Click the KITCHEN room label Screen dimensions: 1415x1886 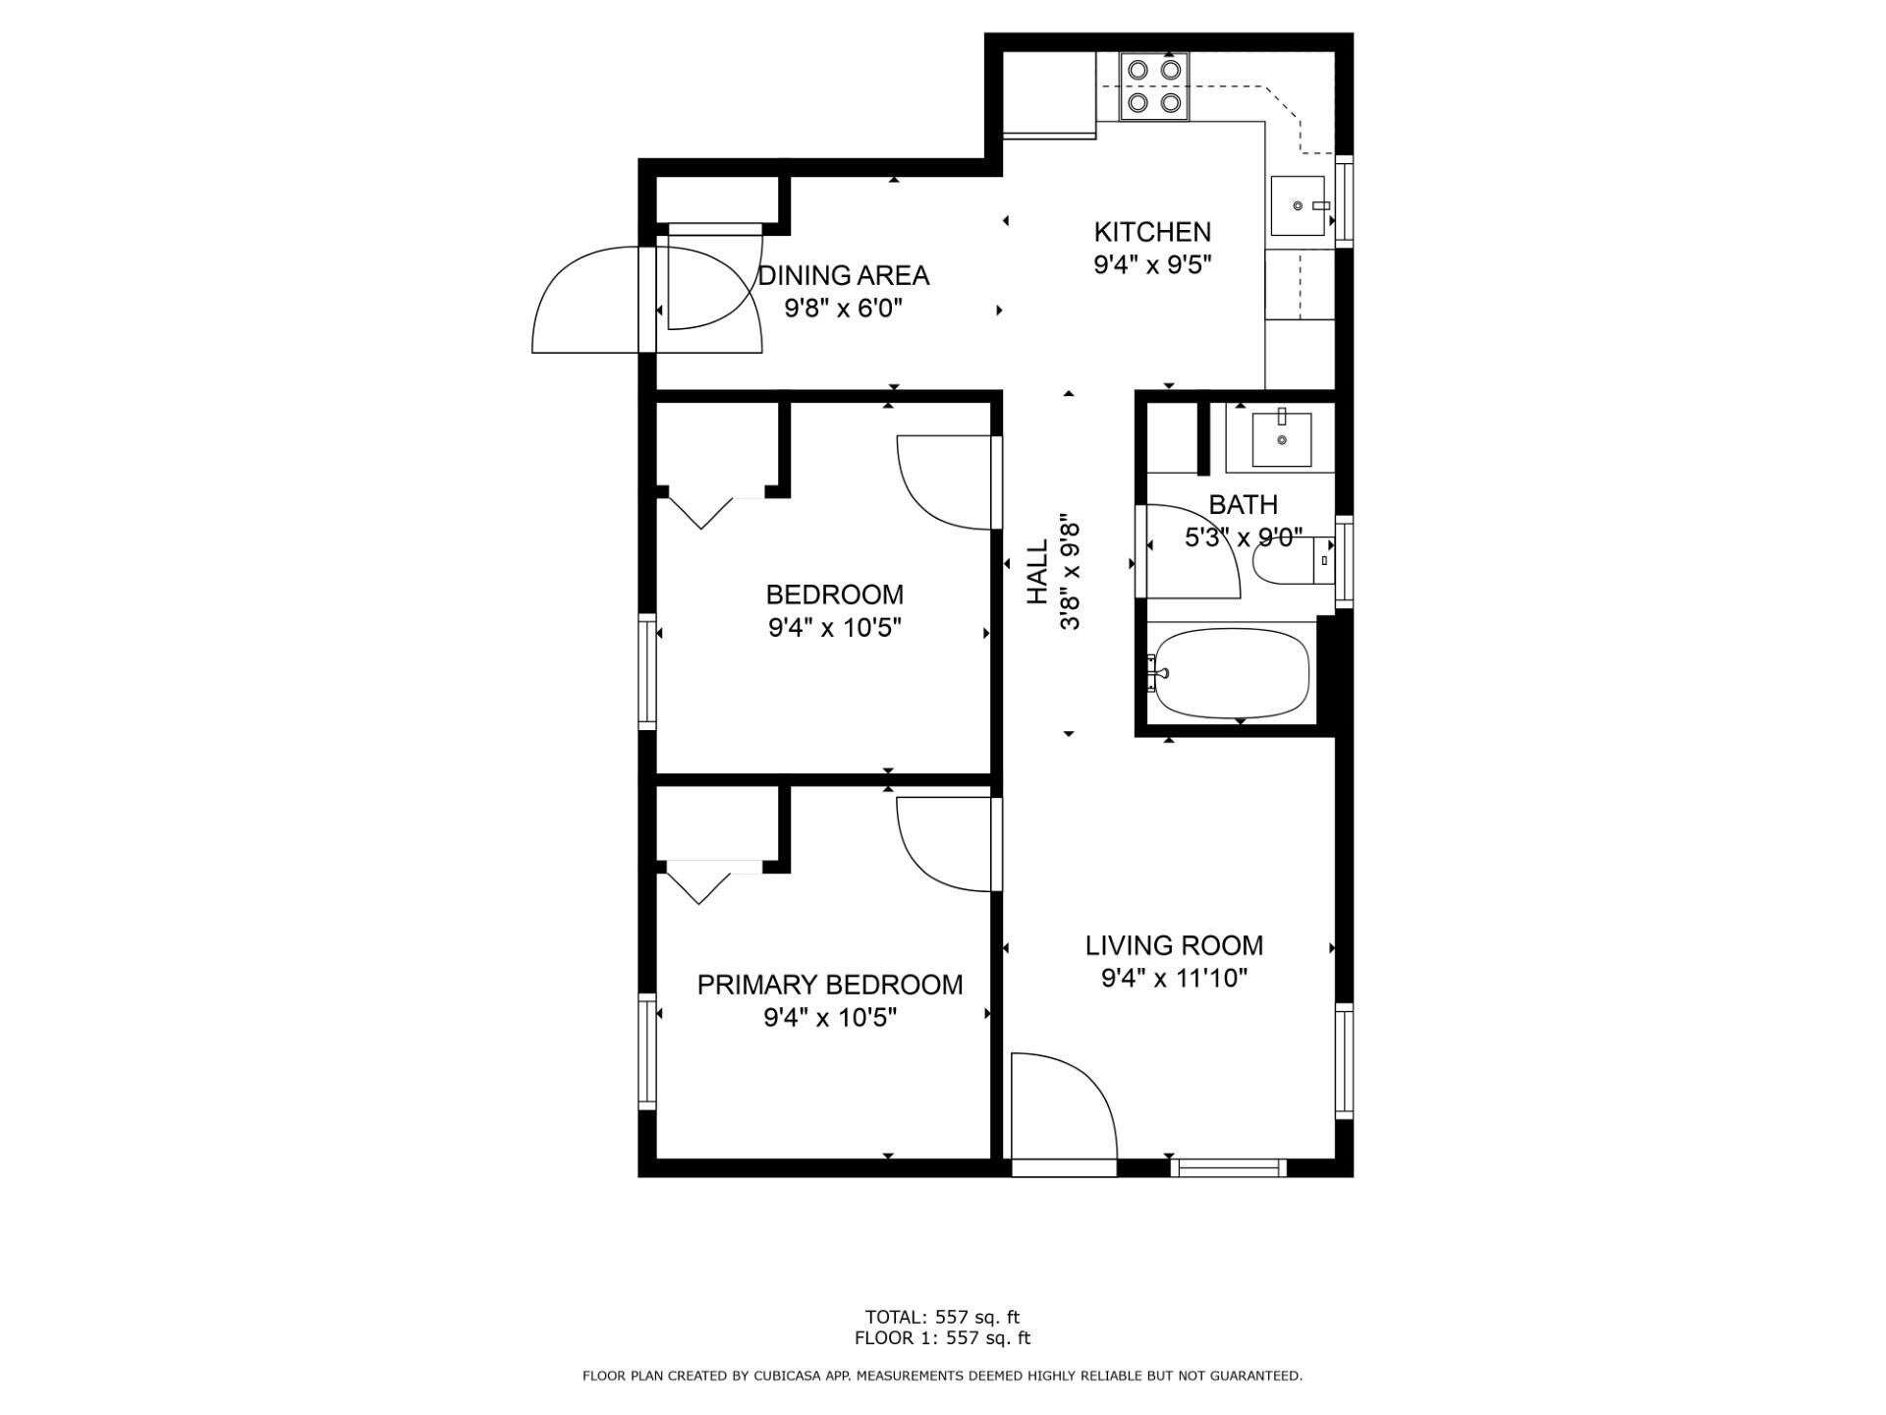[1152, 233]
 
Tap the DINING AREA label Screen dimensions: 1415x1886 [843, 276]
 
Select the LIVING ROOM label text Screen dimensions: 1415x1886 [1174, 946]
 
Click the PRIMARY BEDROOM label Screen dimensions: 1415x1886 [830, 986]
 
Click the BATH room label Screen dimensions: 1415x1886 [1243, 505]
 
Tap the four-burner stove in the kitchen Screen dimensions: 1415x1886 [1153, 86]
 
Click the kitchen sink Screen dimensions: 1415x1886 [1298, 206]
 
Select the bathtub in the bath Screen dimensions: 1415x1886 [1232, 674]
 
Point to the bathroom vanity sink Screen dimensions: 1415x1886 [1282, 439]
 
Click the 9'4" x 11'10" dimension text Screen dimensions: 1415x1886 [1174, 979]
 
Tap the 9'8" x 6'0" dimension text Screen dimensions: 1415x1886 [843, 309]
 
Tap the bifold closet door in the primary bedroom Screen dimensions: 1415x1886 [699, 881]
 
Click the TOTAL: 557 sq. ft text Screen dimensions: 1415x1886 [942, 1317]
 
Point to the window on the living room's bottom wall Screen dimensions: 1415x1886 [1228, 1167]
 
